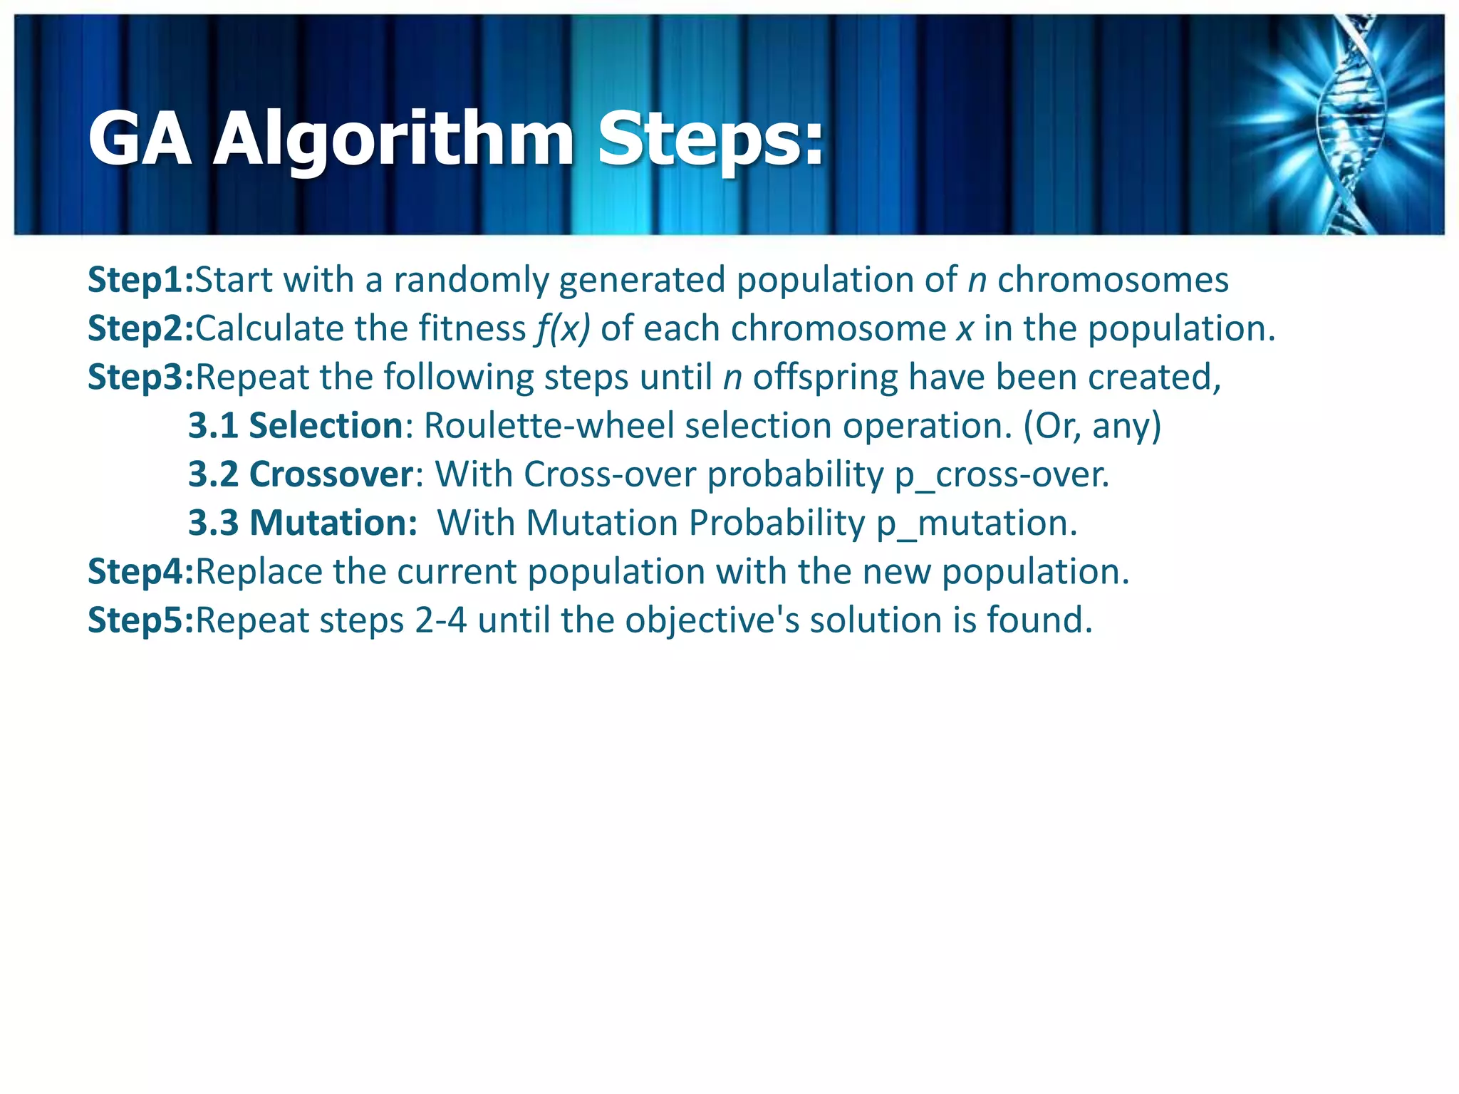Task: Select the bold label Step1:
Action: click(x=140, y=280)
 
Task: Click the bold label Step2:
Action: click(x=140, y=328)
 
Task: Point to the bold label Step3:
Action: click(x=140, y=377)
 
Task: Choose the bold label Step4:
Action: click(x=140, y=571)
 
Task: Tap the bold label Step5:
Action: click(x=140, y=620)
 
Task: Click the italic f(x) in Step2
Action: click(x=563, y=329)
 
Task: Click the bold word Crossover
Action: click(x=331, y=474)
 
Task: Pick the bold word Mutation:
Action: click(x=333, y=523)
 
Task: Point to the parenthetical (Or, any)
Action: click(x=1092, y=426)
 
